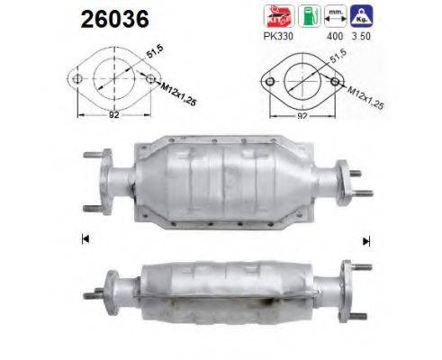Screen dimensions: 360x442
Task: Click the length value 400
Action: tap(334, 38)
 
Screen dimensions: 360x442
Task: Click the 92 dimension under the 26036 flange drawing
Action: tap(113, 114)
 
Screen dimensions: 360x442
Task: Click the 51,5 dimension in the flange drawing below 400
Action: tap(338, 61)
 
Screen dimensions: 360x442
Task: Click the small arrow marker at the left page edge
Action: tap(85, 238)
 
